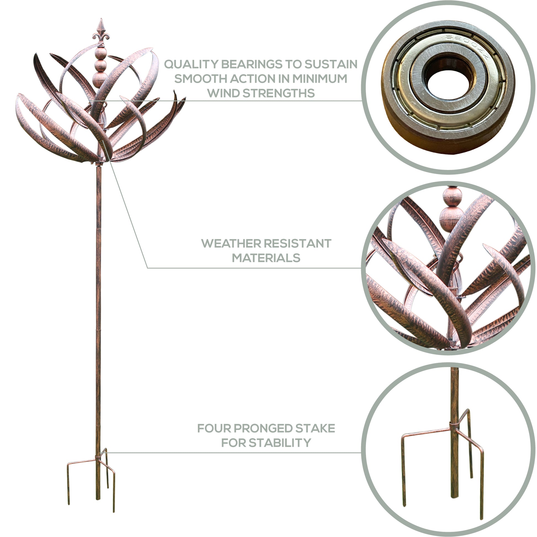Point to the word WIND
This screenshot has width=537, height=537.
pyautogui.click(x=223, y=93)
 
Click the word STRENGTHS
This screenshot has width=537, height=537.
pyautogui.click(x=279, y=93)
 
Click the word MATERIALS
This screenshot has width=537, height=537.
pyautogui.click(x=266, y=258)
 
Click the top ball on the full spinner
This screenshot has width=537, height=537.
pyautogui.click(x=101, y=53)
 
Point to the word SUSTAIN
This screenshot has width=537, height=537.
pyautogui.click(x=331, y=64)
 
